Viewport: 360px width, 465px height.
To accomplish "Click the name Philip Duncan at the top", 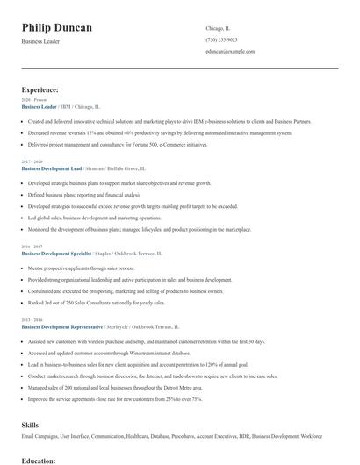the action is [57, 28].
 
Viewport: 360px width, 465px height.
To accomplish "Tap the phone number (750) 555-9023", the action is [222, 39].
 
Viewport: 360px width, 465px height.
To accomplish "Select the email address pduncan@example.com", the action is [230, 51].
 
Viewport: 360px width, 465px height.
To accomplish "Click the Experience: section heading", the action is [40, 89].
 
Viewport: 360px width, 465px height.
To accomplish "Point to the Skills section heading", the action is [30, 424].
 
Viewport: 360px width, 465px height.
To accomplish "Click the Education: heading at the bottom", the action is [39, 460].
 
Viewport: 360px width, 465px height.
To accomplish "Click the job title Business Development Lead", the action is [52, 168].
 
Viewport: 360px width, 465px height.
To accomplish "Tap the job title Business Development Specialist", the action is [56, 252].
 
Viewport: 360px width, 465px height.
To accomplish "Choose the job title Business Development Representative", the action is [61, 325].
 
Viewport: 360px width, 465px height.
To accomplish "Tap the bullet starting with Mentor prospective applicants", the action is [81, 268].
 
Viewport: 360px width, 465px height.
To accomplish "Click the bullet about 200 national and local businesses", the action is [114, 387].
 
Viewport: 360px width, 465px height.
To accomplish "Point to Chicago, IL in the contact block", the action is [218, 27].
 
